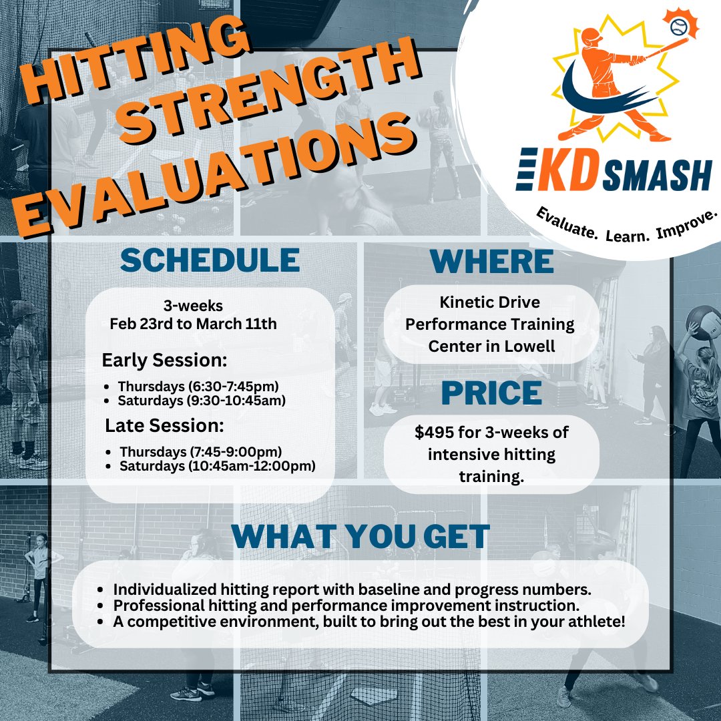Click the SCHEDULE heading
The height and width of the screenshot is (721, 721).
tap(210, 260)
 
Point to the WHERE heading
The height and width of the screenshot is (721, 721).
tap(492, 261)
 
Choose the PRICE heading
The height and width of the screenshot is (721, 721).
tap(491, 393)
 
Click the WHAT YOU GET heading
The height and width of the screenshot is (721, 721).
tap(361, 537)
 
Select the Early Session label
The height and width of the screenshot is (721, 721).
tap(164, 360)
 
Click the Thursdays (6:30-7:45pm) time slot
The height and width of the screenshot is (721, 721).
tap(198, 387)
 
